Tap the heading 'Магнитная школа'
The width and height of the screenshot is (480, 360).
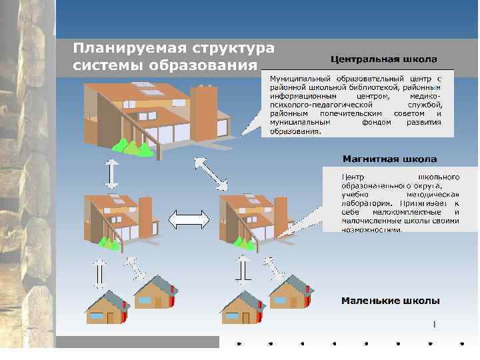389,159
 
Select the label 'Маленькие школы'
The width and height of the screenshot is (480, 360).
390,301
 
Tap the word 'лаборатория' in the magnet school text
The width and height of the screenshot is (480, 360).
365,203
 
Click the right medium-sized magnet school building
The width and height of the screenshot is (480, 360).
251,218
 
